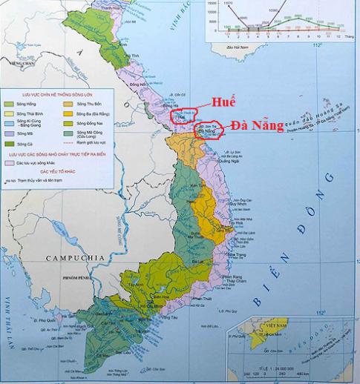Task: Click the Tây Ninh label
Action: tap(135, 285)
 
